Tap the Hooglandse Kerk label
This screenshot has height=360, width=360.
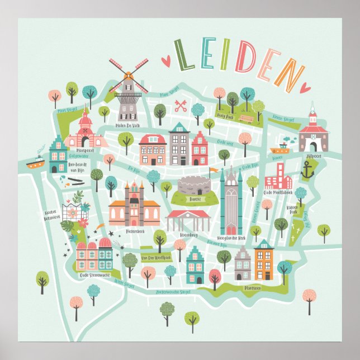coord(230,238)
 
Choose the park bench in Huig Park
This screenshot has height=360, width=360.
coord(246,119)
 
